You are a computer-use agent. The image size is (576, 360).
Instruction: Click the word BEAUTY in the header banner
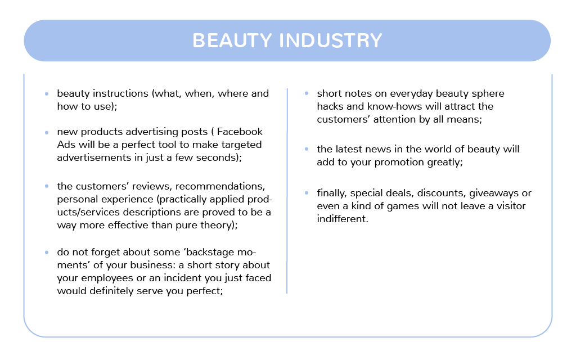pos(232,40)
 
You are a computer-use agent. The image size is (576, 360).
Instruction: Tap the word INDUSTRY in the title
pos(331,40)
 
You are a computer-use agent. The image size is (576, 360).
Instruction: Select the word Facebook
pos(240,132)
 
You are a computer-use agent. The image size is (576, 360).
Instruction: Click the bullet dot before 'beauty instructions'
pos(47,94)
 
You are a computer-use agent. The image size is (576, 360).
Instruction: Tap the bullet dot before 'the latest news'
pos(307,149)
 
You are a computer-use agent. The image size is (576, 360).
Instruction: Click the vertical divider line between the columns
pos(287,191)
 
